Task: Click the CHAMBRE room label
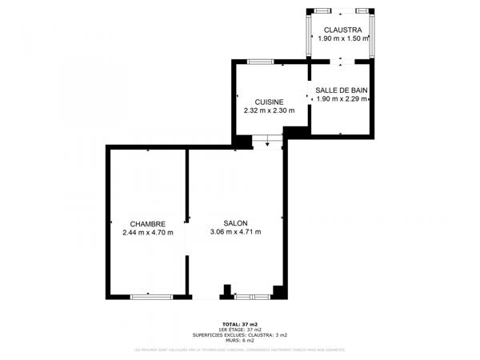click(148, 224)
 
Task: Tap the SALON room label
click(235, 224)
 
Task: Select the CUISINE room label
click(269, 102)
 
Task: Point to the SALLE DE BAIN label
click(342, 90)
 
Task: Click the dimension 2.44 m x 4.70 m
click(148, 233)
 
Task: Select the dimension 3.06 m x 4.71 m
click(235, 233)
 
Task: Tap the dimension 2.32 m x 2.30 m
click(269, 110)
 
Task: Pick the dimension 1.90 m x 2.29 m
click(342, 99)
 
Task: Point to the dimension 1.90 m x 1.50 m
click(342, 38)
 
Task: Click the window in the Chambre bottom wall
click(151, 297)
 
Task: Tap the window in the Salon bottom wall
click(251, 297)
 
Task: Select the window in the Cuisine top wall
click(260, 62)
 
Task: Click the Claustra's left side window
click(311, 36)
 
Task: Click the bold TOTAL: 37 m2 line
click(240, 324)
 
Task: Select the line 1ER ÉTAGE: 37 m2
click(240, 330)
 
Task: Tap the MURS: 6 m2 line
click(240, 340)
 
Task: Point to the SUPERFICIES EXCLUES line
click(240, 334)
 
